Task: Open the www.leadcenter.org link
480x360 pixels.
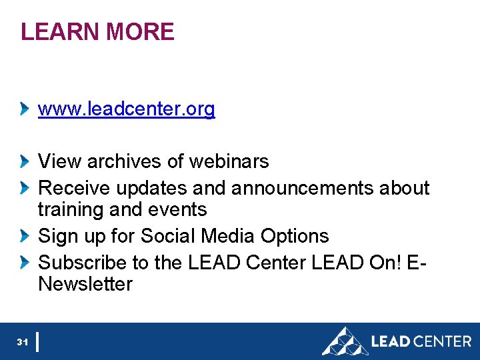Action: pyautogui.click(x=127, y=109)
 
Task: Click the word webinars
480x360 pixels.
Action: pyautogui.click(x=229, y=161)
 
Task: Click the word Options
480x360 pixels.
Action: pyautogui.click(x=295, y=236)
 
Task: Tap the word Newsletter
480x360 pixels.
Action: pyautogui.click(x=85, y=285)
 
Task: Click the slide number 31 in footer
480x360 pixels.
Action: pyautogui.click(x=22, y=342)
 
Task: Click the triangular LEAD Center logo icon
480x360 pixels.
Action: pyautogui.click(x=344, y=341)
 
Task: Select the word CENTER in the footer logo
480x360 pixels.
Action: pyautogui.click(x=443, y=341)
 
